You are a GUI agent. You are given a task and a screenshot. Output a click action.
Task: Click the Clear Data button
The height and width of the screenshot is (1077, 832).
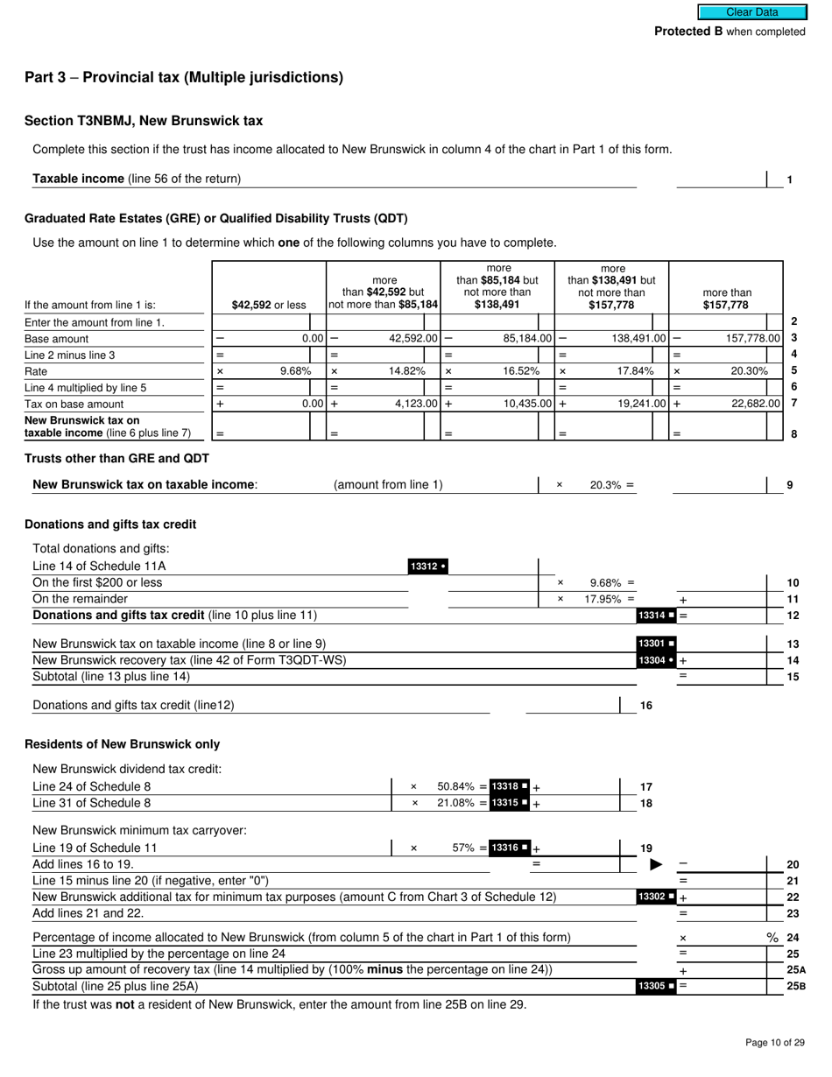click(751, 12)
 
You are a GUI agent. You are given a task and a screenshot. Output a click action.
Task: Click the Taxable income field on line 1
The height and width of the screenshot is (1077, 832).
click(720, 179)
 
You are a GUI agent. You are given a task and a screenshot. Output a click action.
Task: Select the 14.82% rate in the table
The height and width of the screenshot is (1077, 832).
click(406, 370)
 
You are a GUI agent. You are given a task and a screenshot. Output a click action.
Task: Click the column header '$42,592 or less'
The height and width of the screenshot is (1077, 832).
click(269, 306)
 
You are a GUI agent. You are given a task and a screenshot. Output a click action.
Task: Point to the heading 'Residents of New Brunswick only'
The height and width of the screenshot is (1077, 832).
click(122, 744)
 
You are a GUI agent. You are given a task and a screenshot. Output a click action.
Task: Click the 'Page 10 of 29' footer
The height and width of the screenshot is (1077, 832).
click(774, 1042)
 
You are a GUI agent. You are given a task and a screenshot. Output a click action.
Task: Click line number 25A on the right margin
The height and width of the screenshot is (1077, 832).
click(795, 970)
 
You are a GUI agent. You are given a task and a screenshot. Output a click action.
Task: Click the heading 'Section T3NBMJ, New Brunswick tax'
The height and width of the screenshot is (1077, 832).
click(144, 121)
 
